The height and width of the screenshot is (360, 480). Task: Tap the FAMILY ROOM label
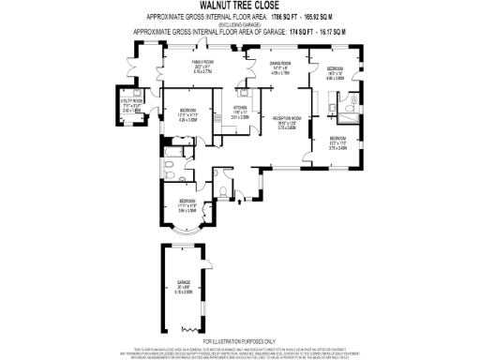203,65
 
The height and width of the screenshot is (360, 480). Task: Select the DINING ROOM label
281,65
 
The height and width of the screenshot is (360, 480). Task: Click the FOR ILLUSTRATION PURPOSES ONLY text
239,340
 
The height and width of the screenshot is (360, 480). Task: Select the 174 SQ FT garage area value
290,31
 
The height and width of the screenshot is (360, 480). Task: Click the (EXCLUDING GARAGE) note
239,23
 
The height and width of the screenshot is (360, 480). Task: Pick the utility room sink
137,93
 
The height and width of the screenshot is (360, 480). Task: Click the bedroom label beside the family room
187,114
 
